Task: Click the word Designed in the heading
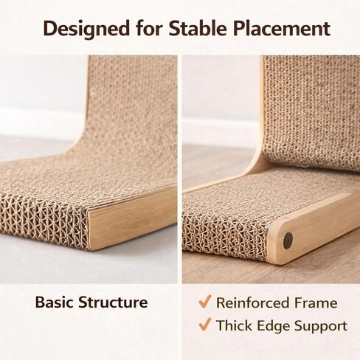pyautogui.click(x=86, y=30)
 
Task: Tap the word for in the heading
pyautogui.click(x=149, y=28)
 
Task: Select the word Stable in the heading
pyautogui.click(x=198, y=28)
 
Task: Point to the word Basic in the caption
pyautogui.click(x=55, y=302)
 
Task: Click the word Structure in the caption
pyautogui.click(x=113, y=302)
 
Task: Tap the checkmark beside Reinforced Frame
pyautogui.click(x=205, y=301)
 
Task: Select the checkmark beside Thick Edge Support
pyautogui.click(x=205, y=324)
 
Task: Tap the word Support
pyautogui.click(x=321, y=327)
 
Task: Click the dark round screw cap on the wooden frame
pyautogui.click(x=288, y=240)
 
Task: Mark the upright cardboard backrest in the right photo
pyautogui.click(x=311, y=111)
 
